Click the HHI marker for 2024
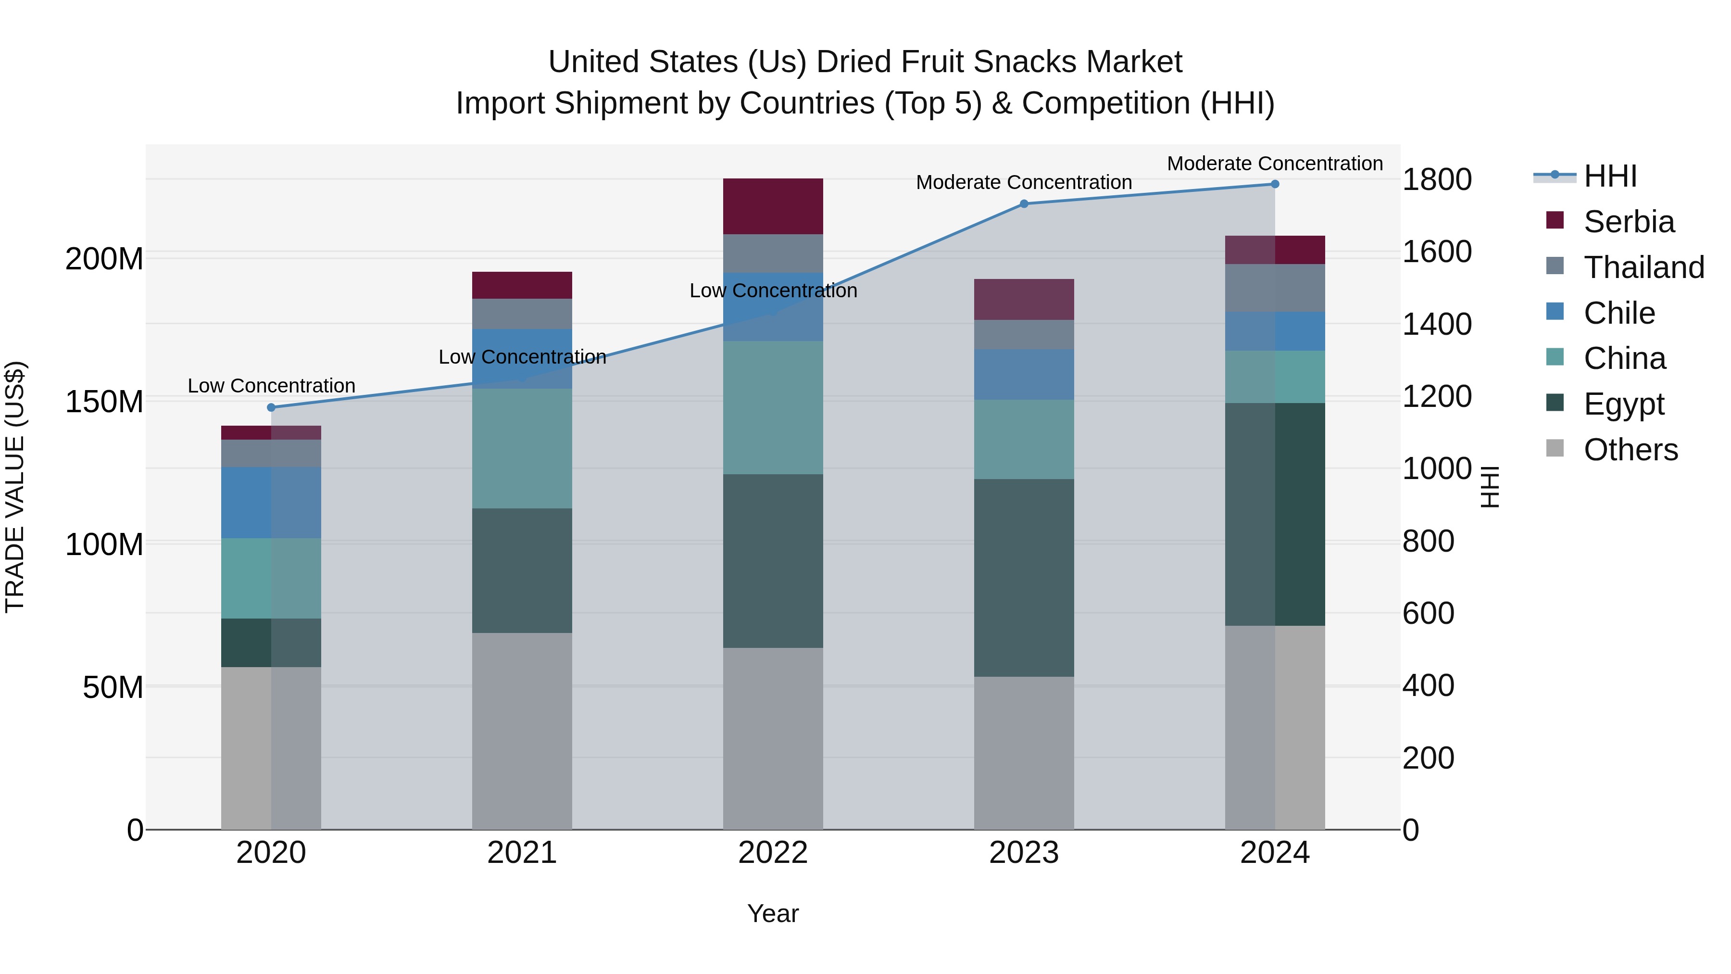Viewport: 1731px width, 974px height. click(1275, 184)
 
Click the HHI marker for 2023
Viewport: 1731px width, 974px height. click(1024, 203)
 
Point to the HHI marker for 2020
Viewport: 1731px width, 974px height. click(272, 407)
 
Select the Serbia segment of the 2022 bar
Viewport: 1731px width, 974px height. click(773, 206)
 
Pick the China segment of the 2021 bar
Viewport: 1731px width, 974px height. click(522, 448)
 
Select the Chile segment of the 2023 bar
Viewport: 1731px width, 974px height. click(1024, 374)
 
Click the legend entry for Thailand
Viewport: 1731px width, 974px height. click(1643, 267)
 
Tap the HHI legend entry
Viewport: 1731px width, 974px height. click(1610, 176)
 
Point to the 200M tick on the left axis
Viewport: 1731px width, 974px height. click(104, 259)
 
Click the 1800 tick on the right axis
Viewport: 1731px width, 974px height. click(1437, 179)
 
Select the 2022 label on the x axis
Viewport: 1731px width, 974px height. click(773, 853)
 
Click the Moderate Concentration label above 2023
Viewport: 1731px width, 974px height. click(1024, 182)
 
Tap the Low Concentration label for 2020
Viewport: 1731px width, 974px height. click(272, 386)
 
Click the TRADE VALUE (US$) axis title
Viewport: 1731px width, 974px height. click(15, 487)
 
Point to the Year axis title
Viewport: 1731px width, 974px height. click(773, 913)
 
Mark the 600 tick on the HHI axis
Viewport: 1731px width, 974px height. click(1429, 613)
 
